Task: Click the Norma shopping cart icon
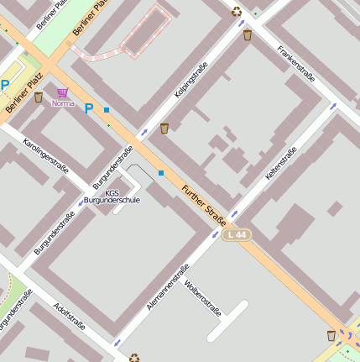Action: pos(63,92)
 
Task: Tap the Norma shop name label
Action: pos(63,103)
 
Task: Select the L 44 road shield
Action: pos(237,235)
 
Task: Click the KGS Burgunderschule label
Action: pos(112,197)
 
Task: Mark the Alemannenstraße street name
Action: pos(168,287)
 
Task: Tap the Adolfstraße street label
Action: pos(69,317)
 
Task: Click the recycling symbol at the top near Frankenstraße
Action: pos(237,12)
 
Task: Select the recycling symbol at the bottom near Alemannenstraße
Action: pos(134,357)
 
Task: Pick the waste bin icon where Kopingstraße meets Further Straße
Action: pos(164,129)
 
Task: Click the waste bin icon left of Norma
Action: pos(38,97)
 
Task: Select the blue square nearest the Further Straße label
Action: pos(161,173)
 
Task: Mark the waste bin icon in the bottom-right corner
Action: pos(331,336)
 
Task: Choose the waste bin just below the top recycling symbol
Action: pos(247,34)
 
